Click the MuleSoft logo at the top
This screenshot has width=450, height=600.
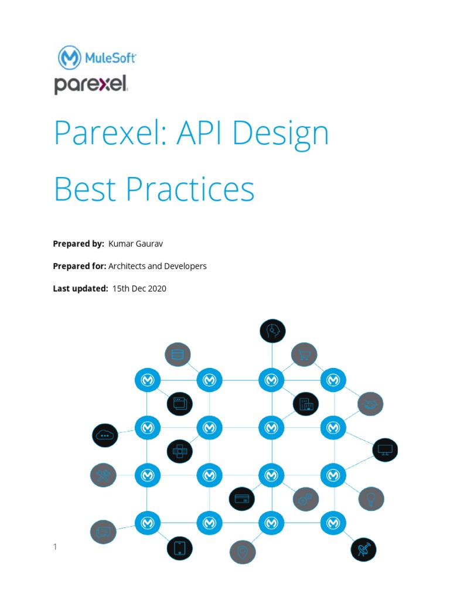[x=97, y=58]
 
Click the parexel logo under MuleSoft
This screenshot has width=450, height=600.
[x=91, y=84]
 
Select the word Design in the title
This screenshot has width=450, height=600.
[x=281, y=134]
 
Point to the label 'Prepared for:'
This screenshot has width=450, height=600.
[x=79, y=266]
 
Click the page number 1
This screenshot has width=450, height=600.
[x=55, y=547]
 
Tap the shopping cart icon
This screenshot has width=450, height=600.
[x=304, y=354]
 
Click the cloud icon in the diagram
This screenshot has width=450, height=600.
[x=105, y=435]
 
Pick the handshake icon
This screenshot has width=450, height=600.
[x=370, y=404]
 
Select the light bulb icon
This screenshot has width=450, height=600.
[x=370, y=499]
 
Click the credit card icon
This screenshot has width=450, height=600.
[x=241, y=499]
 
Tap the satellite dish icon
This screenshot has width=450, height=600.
[x=363, y=550]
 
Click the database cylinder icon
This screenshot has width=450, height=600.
[x=178, y=354]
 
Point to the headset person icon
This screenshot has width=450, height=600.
[x=272, y=331]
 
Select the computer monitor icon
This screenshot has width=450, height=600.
[x=386, y=450]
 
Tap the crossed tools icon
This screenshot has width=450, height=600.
[x=103, y=475]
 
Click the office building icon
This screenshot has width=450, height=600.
[x=306, y=404]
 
